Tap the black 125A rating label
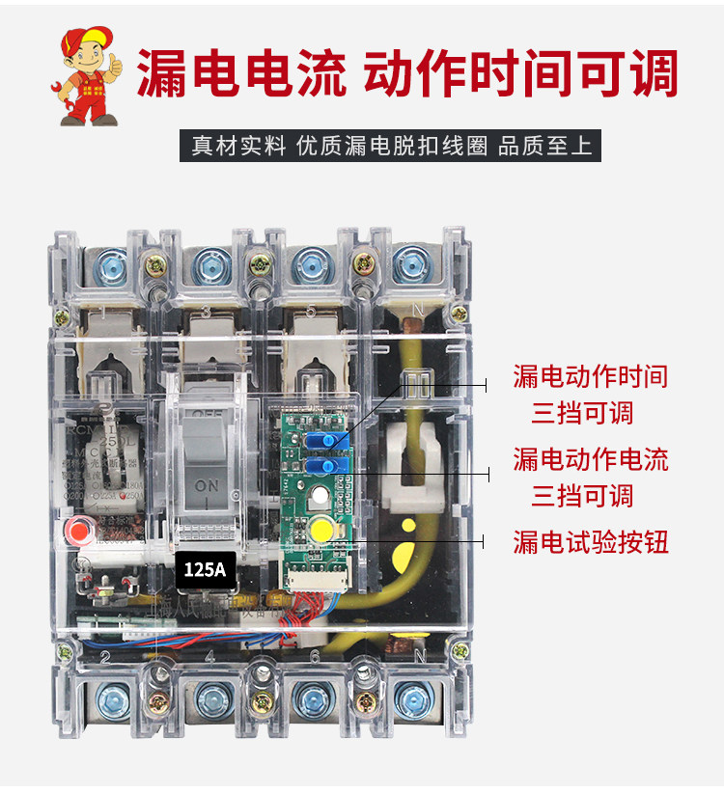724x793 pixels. pyautogui.click(x=205, y=569)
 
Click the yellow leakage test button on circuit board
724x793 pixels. pyautogui.click(x=321, y=529)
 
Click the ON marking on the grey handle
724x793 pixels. pyautogui.click(x=208, y=486)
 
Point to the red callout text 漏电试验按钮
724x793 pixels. pyautogui.click(x=590, y=542)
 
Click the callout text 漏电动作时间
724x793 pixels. pyautogui.click(x=590, y=376)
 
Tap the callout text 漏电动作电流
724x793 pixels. pyautogui.click(x=590, y=459)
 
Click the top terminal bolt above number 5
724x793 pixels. pyautogui.click(x=310, y=262)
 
